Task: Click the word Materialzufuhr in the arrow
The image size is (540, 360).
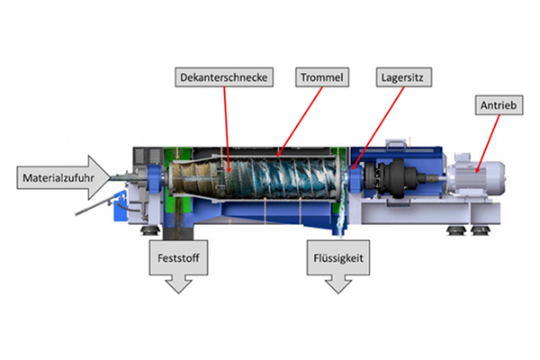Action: pos(56,181)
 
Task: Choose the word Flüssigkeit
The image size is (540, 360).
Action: pos(339,256)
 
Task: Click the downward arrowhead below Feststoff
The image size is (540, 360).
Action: pos(177,283)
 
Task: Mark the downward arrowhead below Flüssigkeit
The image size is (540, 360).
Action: pos(339,283)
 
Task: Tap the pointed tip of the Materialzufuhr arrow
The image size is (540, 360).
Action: pos(115,181)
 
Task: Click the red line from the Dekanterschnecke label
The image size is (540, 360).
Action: pos(225,126)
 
